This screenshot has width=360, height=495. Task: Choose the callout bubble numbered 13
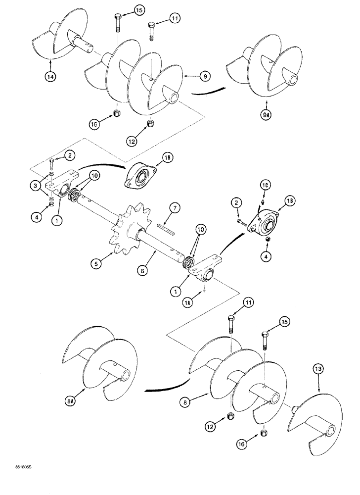click(x=318, y=368)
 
